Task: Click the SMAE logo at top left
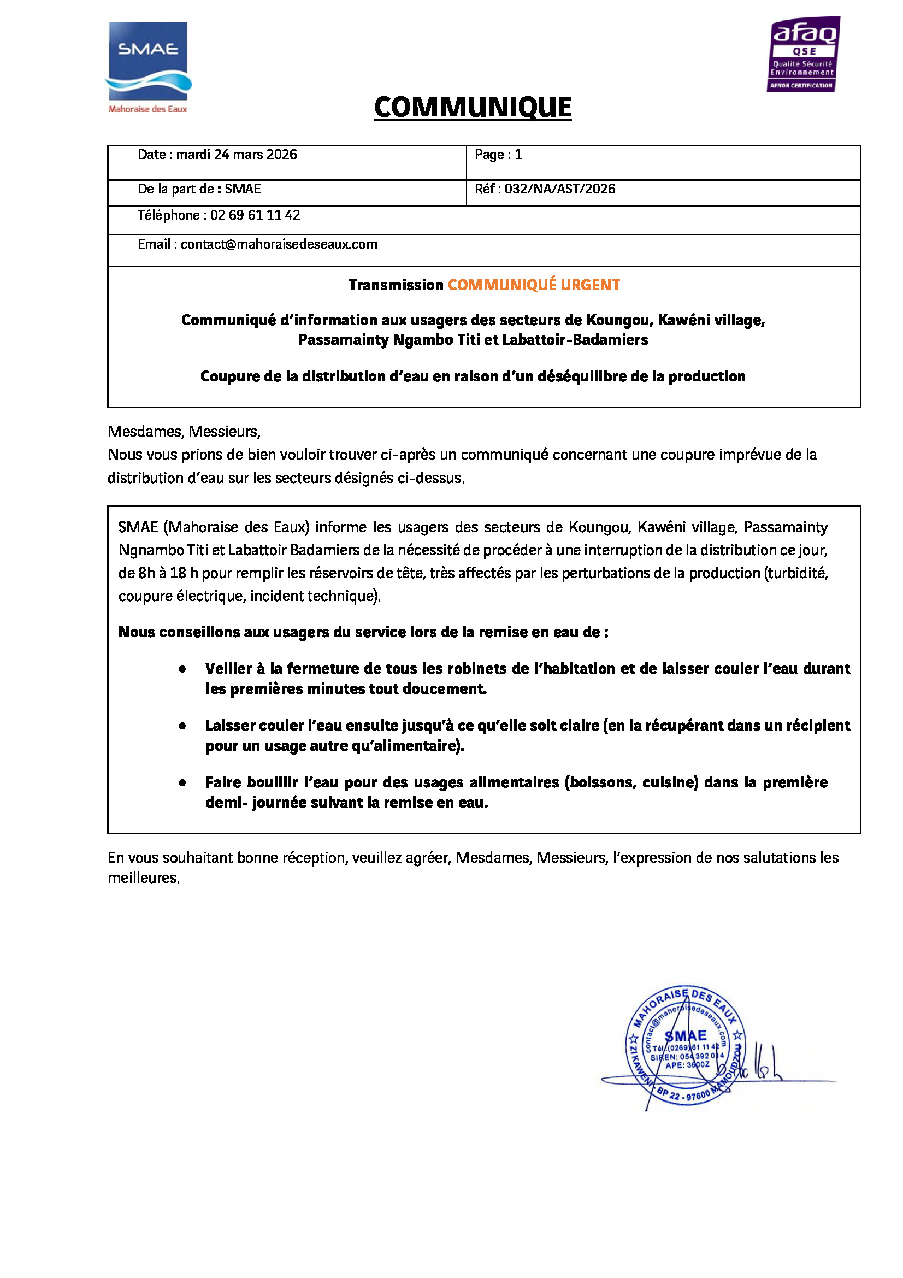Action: tap(148, 67)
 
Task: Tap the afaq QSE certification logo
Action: tap(804, 55)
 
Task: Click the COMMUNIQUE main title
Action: tap(473, 107)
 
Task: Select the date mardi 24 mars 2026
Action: tap(237, 155)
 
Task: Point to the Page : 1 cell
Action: tap(498, 155)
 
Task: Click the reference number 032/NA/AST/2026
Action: tap(560, 189)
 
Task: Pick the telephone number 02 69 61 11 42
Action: tap(255, 215)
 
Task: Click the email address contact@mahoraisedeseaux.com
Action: tap(279, 244)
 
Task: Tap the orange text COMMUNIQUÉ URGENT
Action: tap(534, 285)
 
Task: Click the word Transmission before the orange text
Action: tap(396, 285)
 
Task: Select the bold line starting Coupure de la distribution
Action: tap(473, 376)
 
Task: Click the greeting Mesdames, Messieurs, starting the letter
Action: tap(184, 432)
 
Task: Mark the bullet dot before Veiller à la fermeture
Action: tap(182, 670)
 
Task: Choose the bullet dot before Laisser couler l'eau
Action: tap(182, 726)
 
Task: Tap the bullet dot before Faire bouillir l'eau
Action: tap(182, 783)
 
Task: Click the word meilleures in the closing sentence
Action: tap(143, 879)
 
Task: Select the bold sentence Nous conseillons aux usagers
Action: tap(363, 632)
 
